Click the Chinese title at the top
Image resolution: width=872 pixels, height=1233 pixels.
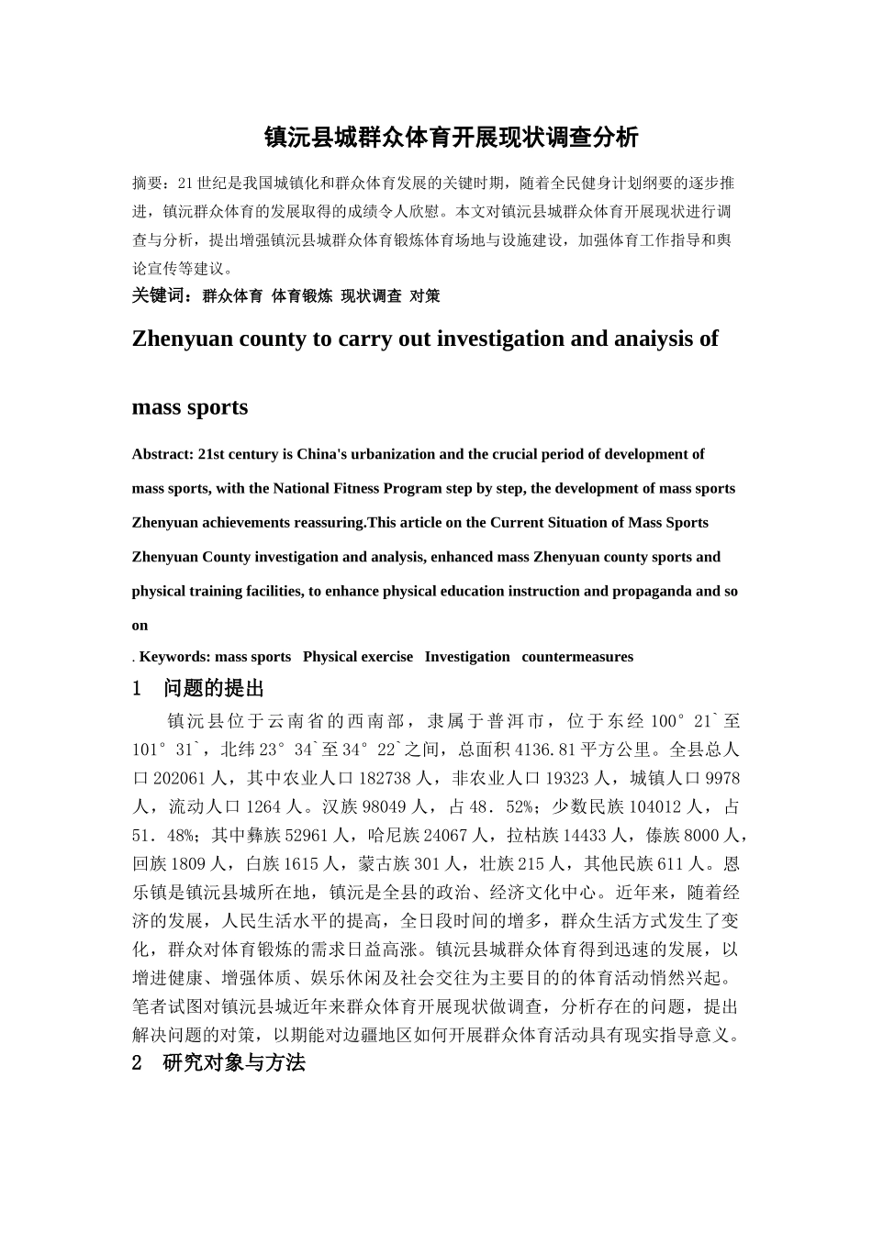(x=450, y=138)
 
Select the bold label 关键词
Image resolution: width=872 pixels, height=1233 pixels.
(x=162, y=296)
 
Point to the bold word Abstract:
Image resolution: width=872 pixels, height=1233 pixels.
(x=162, y=454)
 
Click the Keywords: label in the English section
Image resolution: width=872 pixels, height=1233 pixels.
(x=174, y=657)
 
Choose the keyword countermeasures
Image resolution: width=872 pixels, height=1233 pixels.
(x=577, y=657)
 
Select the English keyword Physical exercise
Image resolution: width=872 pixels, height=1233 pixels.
(x=358, y=657)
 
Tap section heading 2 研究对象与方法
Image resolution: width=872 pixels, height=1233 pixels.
(x=219, y=1063)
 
